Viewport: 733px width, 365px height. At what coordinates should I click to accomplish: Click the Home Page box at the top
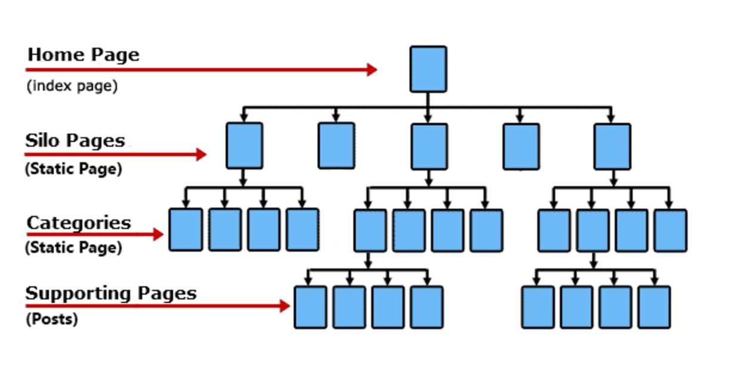[429, 69]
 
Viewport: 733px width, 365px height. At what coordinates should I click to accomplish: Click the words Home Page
[84, 55]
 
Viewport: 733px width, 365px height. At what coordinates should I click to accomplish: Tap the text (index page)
[72, 86]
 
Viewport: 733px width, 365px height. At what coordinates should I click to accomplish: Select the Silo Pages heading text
[75, 141]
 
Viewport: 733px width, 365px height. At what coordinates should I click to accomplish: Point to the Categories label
[79, 223]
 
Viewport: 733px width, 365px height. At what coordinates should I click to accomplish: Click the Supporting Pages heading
[111, 293]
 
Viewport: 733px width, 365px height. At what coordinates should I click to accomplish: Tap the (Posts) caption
[52, 319]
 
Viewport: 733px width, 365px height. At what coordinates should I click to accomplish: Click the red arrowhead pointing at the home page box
[372, 70]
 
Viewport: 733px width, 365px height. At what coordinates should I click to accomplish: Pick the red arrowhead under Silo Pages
[201, 154]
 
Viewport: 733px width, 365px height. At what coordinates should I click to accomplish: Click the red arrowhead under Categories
[158, 234]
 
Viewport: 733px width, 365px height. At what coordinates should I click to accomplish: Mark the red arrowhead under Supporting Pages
[285, 306]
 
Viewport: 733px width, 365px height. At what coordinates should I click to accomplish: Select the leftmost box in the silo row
[245, 146]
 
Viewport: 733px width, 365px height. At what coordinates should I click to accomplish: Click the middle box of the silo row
[429, 147]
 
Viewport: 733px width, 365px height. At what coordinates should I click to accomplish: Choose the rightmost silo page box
[612, 147]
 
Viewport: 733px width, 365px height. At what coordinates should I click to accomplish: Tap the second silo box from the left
[337, 146]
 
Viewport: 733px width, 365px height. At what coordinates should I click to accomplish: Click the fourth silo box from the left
[521, 147]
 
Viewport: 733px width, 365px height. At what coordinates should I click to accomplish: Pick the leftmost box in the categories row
[186, 230]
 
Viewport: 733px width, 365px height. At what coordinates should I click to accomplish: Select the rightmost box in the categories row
[670, 231]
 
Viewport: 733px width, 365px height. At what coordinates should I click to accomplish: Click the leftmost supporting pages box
[310, 307]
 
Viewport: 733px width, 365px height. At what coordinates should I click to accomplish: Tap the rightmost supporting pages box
[654, 307]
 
